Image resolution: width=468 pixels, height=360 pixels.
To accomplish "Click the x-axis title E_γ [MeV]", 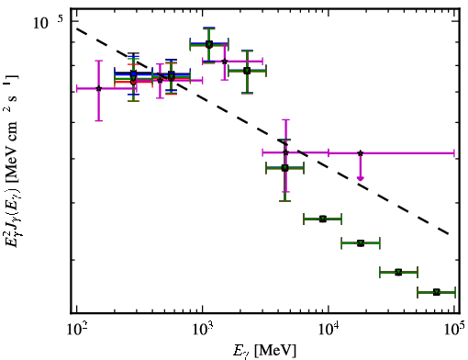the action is point(264,351).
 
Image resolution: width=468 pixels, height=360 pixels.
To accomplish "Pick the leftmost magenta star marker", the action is point(98,88).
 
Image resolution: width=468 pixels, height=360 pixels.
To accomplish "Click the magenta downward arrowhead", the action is point(361,178).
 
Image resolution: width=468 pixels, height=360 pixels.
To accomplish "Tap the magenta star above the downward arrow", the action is point(361,152).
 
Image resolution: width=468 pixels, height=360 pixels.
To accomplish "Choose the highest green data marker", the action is point(209,44).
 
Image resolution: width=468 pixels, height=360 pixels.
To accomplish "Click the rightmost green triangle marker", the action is point(437,292).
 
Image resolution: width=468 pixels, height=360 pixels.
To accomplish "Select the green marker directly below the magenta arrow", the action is point(361,243).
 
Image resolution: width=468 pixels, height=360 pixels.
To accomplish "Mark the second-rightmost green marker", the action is point(398,272).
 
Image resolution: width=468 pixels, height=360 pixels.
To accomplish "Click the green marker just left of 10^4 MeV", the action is point(323,219).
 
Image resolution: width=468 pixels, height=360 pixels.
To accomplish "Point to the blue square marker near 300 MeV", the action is point(133,73).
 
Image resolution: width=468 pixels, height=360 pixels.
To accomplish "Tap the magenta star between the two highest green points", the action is point(225,62).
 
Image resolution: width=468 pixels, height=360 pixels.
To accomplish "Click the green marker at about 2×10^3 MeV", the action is point(247,71).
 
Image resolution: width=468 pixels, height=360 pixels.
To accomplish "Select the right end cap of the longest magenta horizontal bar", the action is point(454,152).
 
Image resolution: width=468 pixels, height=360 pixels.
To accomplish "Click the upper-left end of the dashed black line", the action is point(77,28).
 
